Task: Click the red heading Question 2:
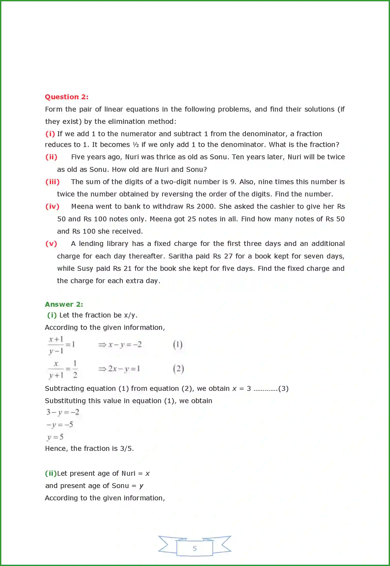point(66,97)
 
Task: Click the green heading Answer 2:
point(64,304)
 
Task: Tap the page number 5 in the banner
point(195,549)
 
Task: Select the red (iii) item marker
point(52,182)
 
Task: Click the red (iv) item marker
point(52,206)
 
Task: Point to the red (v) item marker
point(51,244)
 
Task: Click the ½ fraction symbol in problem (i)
point(136,145)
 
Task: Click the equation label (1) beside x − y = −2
point(178,344)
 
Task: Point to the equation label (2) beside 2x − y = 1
point(178,369)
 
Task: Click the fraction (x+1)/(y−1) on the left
point(56,345)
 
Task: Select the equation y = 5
point(55,437)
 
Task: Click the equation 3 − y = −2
point(63,412)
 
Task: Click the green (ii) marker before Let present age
point(51,473)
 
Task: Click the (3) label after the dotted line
point(283,389)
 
